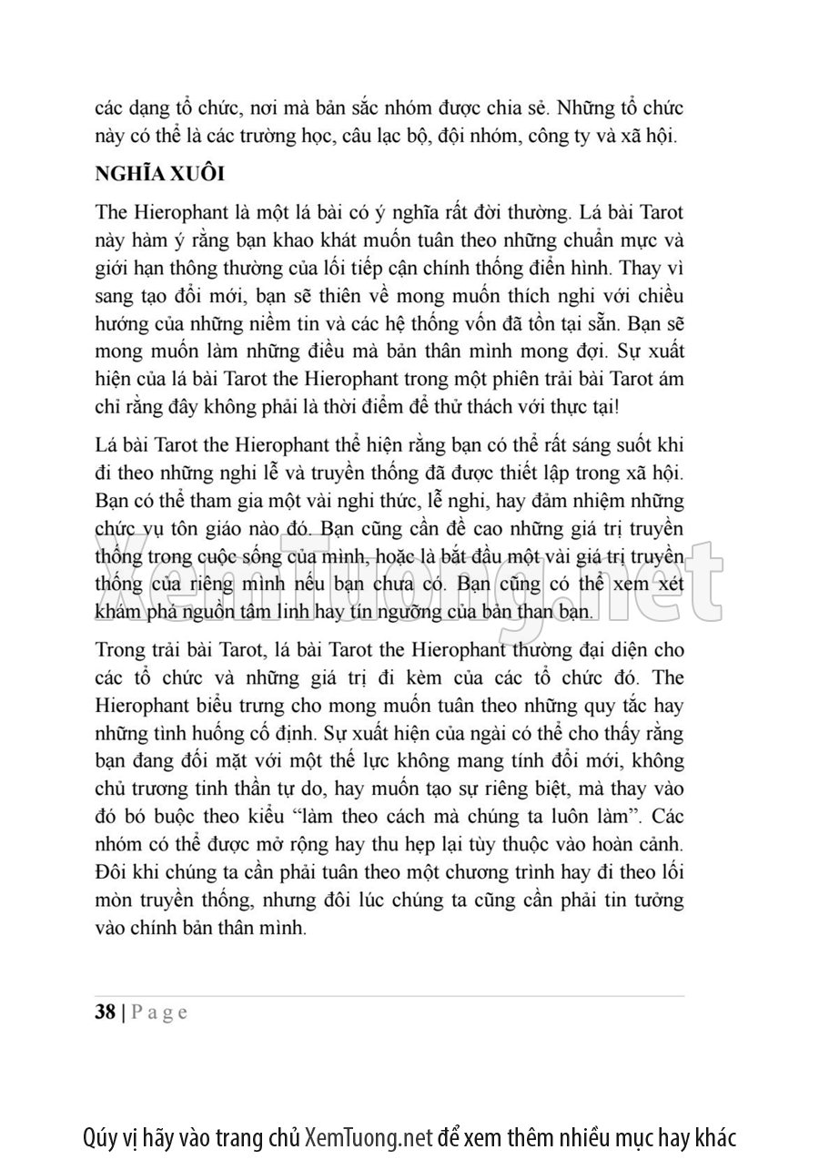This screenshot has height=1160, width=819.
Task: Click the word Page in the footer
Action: click(x=159, y=1012)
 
